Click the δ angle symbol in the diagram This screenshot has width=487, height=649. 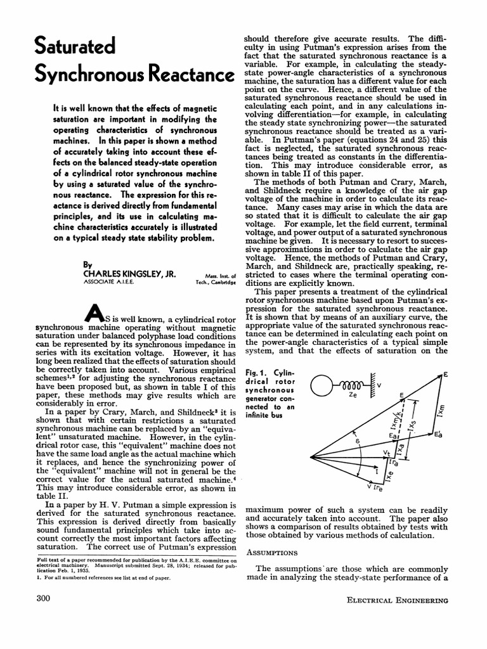(357, 439)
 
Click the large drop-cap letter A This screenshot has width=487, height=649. (93, 311)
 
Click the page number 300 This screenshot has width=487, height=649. (44, 598)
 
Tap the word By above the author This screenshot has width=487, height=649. (88, 265)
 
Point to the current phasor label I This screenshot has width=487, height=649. (377, 472)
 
